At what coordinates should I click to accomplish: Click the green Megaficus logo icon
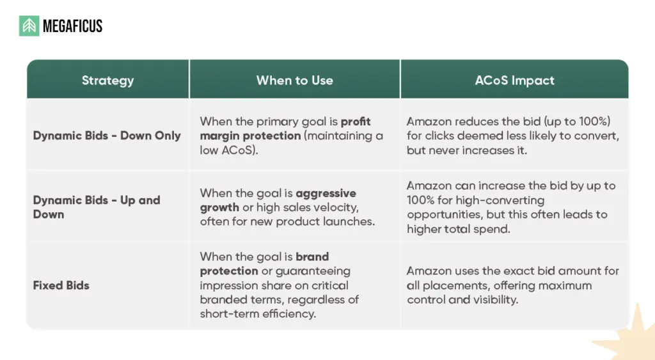pos(29,26)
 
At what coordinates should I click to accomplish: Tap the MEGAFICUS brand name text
pos(73,26)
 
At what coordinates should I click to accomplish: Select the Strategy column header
pos(107,80)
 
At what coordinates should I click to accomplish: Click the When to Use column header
pos(294,80)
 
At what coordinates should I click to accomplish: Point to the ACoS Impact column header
pos(514,80)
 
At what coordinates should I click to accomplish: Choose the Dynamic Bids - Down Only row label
pos(107,136)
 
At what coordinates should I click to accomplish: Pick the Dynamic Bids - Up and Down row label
pos(97,207)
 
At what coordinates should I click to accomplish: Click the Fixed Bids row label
pos(61,285)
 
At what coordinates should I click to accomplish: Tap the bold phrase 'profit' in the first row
pos(356,121)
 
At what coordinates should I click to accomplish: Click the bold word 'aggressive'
pos(326,193)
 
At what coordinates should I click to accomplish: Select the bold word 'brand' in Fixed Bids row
pos(312,256)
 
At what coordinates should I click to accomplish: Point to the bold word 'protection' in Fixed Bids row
pos(229,271)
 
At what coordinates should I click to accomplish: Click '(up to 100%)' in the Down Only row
pos(578,121)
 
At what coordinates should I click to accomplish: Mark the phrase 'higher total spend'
pos(458,229)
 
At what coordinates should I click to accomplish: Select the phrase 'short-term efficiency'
pos(258,314)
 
